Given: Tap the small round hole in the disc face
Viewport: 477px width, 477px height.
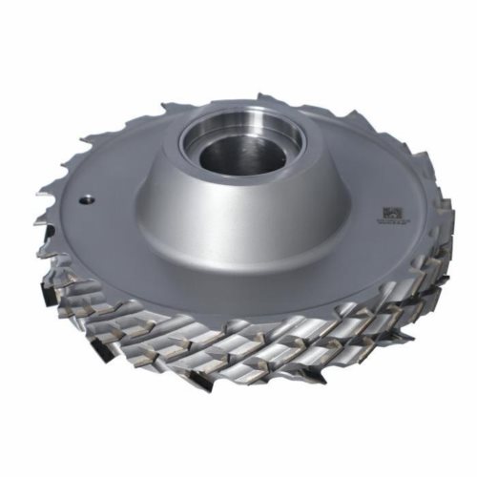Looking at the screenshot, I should pos(85,199).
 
